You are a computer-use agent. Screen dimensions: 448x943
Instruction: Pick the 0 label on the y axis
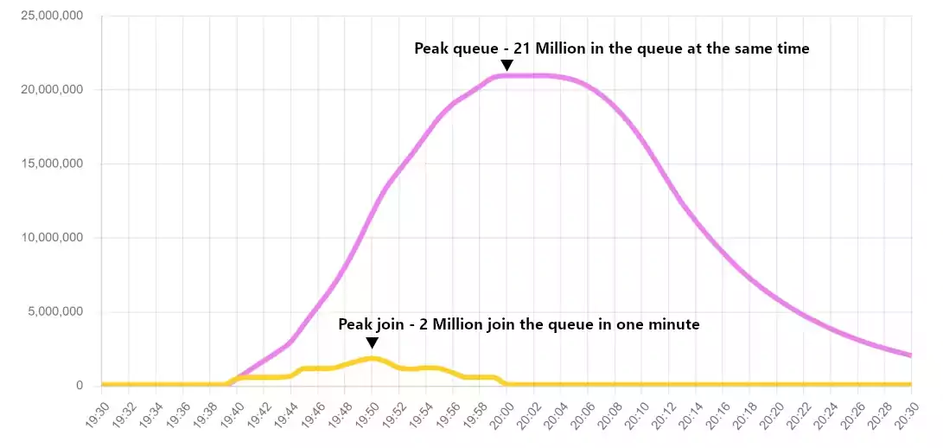tap(79, 386)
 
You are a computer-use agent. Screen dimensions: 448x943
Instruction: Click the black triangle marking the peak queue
tap(507, 65)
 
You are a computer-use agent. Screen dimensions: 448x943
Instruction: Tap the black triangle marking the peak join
tap(372, 342)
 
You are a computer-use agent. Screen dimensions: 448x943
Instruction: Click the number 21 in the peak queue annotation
tap(525, 48)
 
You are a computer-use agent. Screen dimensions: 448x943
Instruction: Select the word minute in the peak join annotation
tap(676, 324)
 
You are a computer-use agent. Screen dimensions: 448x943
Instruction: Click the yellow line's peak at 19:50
tap(372, 358)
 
